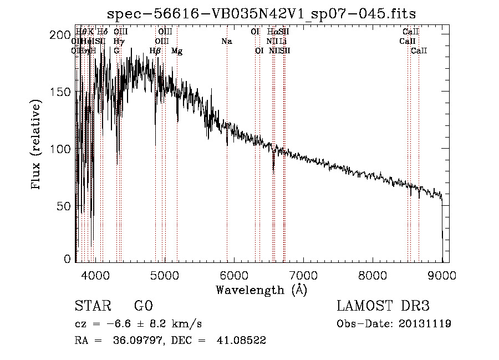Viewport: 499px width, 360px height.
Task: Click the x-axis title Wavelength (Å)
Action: point(261,290)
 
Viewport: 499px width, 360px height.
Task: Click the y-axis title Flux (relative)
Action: point(37,145)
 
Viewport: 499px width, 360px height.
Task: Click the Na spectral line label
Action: point(226,41)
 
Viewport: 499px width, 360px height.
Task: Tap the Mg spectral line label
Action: point(177,51)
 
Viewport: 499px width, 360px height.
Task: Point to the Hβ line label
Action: point(155,51)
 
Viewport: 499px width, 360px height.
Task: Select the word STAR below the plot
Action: point(93,306)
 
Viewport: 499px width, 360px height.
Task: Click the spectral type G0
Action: point(143,306)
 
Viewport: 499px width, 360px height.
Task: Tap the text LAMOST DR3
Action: point(383,306)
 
